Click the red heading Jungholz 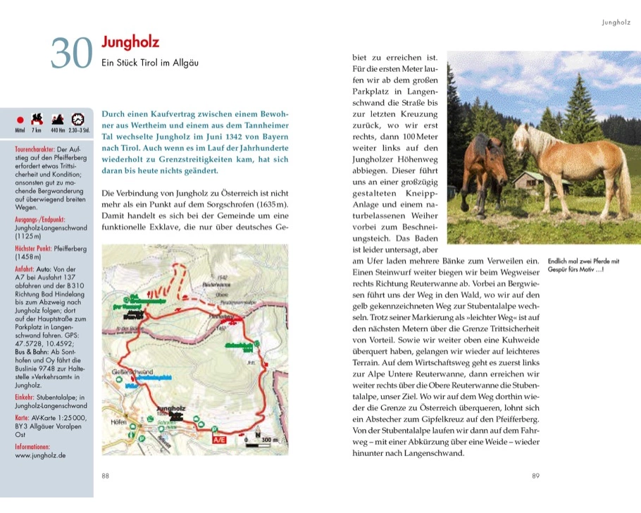click(x=130, y=44)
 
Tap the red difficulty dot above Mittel click(x=20, y=120)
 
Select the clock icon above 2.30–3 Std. click(x=78, y=120)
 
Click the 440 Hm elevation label click(x=58, y=131)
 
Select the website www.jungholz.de click(x=40, y=455)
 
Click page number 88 click(x=105, y=476)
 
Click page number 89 click(x=536, y=476)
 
